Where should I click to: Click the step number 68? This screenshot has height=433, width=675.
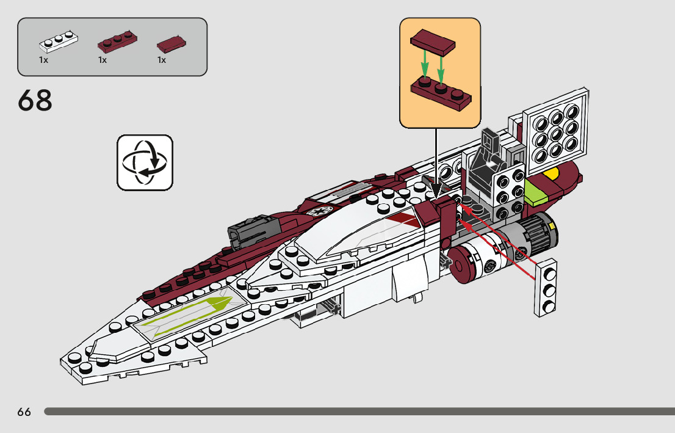tap(35, 101)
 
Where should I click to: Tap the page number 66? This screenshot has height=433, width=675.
tap(24, 412)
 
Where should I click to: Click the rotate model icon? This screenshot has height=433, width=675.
tap(145, 162)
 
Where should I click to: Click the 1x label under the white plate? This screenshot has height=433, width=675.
tap(43, 60)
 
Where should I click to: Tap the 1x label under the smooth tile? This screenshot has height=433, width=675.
tap(162, 60)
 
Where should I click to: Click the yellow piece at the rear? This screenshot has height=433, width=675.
tap(552, 175)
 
